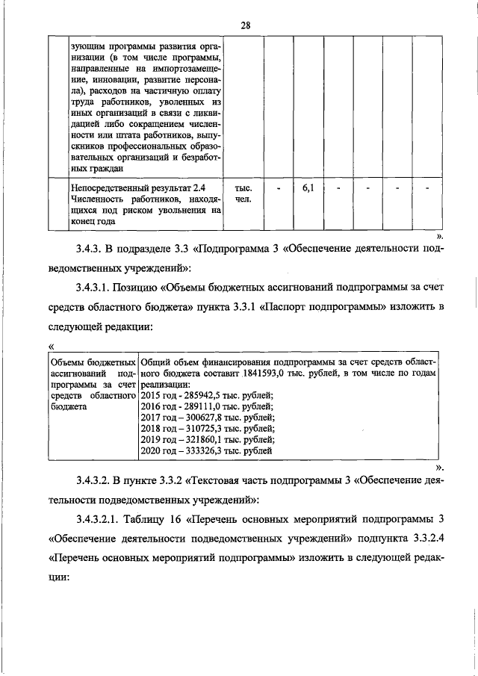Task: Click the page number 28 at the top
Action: (x=244, y=25)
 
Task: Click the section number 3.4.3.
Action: (x=93, y=248)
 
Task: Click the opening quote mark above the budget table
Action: (x=51, y=347)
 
